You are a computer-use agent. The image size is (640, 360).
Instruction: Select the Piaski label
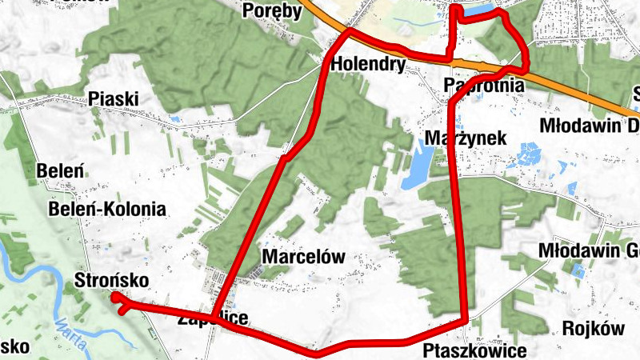point(114,98)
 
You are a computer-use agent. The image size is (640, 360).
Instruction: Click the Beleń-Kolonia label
point(107,210)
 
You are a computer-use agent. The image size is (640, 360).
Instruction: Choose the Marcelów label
point(303,258)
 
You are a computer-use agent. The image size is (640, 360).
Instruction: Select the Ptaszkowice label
point(475,351)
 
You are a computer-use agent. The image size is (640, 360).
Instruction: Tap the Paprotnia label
point(483,85)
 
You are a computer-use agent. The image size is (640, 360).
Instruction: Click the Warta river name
point(72,329)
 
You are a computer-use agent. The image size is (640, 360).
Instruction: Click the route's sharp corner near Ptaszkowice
point(466,321)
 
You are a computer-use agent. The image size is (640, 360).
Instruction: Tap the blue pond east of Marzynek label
point(530,153)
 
